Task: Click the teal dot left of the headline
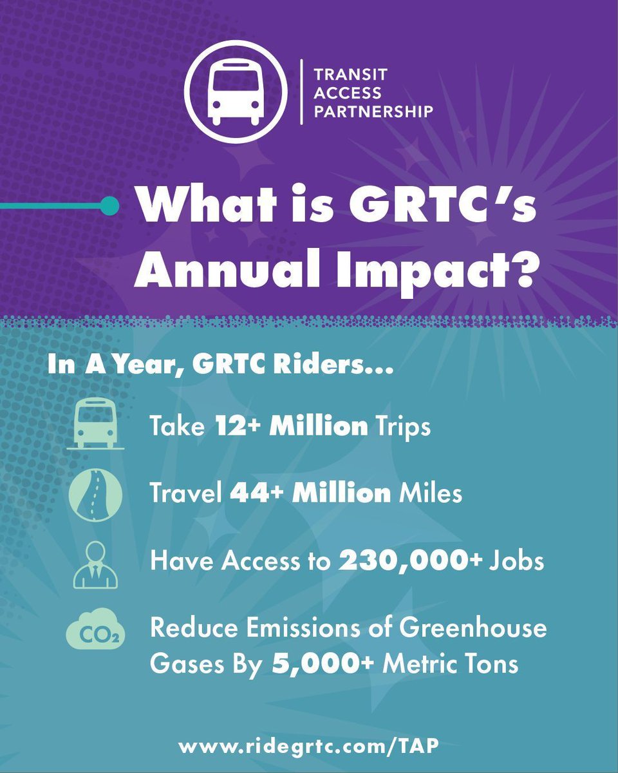tap(111, 206)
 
